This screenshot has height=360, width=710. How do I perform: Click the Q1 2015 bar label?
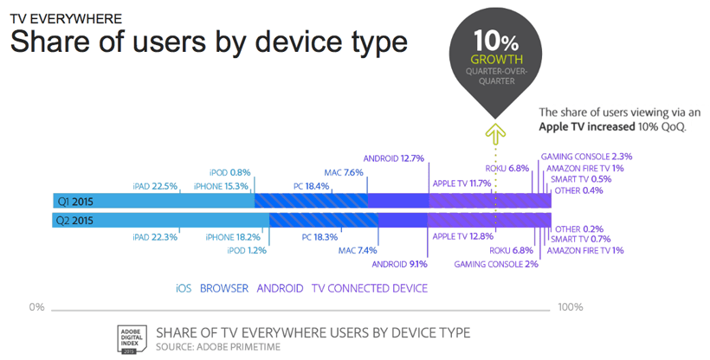[75, 202]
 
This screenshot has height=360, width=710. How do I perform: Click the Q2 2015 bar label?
[74, 221]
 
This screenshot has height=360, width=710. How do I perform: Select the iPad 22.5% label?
[155, 186]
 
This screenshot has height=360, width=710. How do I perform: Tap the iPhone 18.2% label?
[233, 237]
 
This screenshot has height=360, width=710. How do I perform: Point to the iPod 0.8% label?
[229, 172]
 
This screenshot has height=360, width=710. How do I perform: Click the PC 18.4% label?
[311, 186]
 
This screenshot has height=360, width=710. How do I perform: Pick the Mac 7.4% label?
[358, 250]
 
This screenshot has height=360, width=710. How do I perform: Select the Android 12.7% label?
[393, 158]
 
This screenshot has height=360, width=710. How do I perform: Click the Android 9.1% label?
[399, 264]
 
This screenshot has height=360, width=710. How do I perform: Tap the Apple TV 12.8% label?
[462, 236]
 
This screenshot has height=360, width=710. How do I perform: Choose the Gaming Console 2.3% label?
[586, 157]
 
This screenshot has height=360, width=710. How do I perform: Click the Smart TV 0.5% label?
[581, 179]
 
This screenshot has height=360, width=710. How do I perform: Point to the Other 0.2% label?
[579, 229]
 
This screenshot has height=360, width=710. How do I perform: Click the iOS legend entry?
[184, 288]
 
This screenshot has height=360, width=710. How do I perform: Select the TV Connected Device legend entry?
[370, 288]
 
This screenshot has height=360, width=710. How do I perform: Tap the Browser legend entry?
[224, 288]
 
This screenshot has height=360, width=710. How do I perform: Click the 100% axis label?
[570, 307]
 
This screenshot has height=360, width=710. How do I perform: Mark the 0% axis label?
[36, 307]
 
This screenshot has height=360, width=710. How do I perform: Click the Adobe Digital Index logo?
[132, 339]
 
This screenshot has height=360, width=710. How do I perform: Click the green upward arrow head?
[495, 131]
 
